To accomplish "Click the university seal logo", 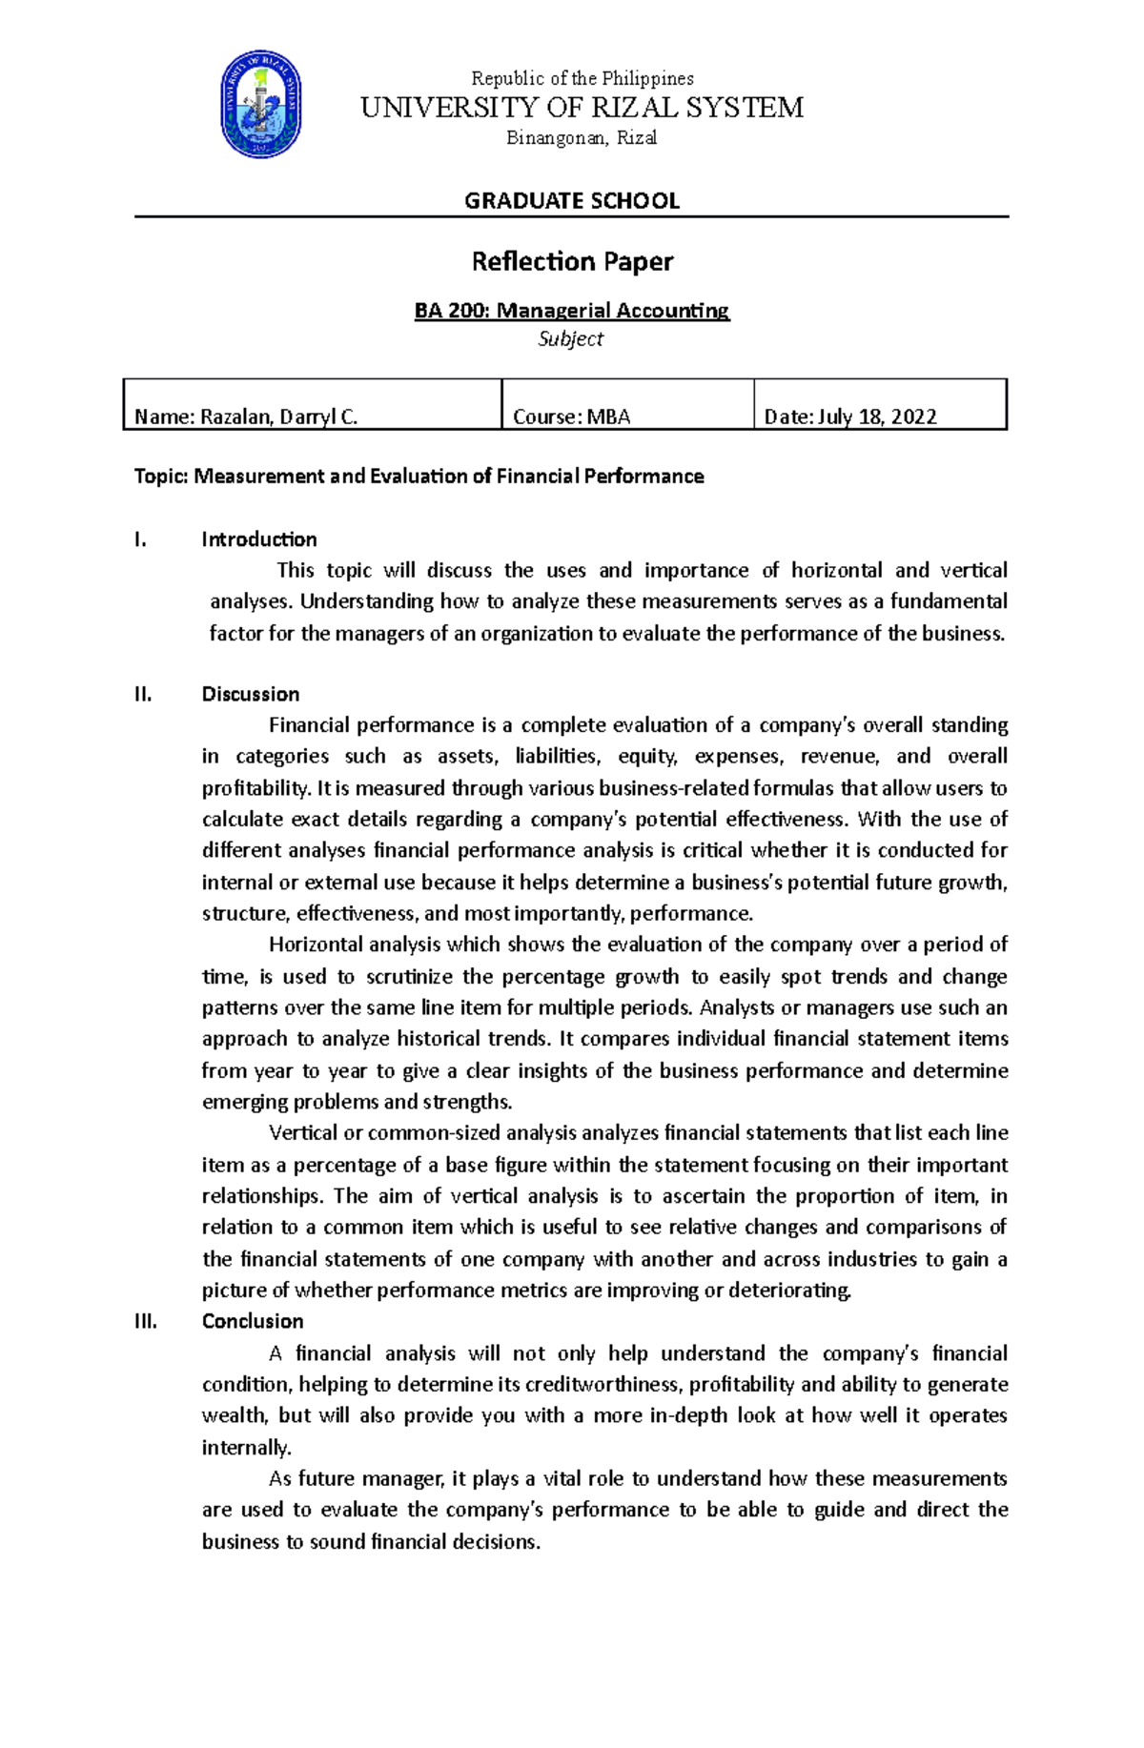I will point(261,105).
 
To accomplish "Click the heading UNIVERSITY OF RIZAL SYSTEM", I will point(582,108).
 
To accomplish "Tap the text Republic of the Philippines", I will point(582,78).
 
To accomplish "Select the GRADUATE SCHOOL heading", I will point(571,201).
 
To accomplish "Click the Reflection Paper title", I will point(572,261).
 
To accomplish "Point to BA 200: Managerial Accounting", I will point(571,311).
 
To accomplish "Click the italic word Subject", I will point(570,339).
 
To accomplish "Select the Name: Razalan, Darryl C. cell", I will point(246,417).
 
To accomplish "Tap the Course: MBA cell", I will point(571,417).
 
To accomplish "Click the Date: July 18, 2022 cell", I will point(849,417).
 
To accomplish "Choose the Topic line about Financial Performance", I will point(419,477).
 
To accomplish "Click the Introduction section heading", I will point(259,539).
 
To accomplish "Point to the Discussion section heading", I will point(251,694).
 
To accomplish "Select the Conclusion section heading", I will point(253,1321).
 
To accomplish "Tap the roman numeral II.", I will point(143,694).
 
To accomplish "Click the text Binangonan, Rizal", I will point(582,138).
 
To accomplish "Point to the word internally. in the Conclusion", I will point(246,1448).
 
